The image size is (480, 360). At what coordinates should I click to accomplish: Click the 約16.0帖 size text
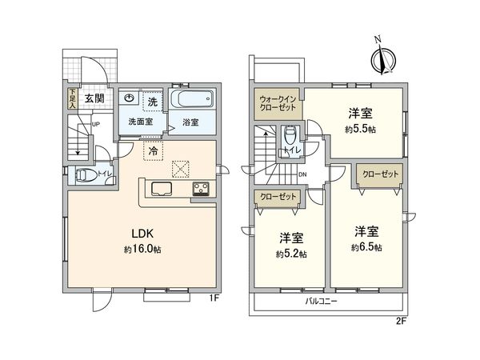[142, 250]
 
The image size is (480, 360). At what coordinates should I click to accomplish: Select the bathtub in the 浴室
[191, 102]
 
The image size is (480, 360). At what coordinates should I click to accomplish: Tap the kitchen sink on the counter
[159, 190]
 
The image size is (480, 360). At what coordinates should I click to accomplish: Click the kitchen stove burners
[199, 190]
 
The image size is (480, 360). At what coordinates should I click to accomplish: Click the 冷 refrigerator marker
[151, 150]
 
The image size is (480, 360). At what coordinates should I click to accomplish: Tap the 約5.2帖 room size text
[291, 254]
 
